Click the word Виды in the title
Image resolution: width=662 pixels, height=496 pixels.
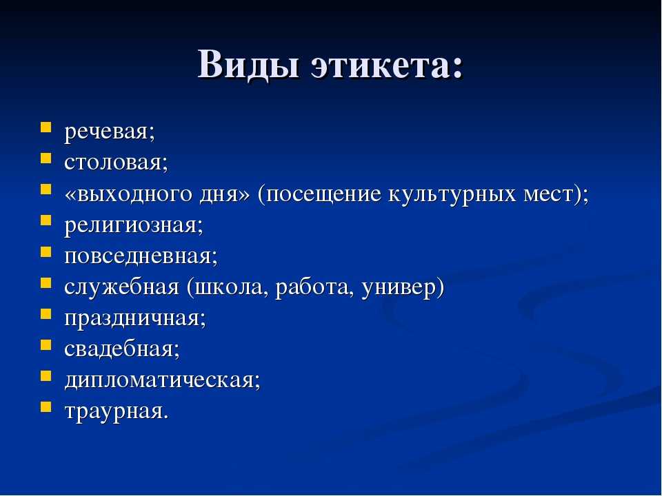pyautogui.click(x=249, y=65)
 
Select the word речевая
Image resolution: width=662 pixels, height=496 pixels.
pyautogui.click(x=106, y=132)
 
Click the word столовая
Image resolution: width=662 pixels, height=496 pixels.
pyautogui.click(x=112, y=163)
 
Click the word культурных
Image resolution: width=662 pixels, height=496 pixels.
pyautogui.click(x=452, y=194)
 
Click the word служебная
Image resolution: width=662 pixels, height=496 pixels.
pyautogui.click(x=121, y=287)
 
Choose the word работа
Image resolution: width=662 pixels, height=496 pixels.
pyautogui.click(x=313, y=287)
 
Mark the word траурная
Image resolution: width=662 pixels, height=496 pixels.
pyautogui.click(x=114, y=412)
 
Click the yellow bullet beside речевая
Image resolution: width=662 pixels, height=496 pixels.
pyautogui.click(x=46, y=127)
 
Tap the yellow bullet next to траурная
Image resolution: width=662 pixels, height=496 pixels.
pyautogui.click(x=46, y=407)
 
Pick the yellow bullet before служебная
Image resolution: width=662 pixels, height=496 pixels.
pyautogui.click(x=46, y=282)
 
